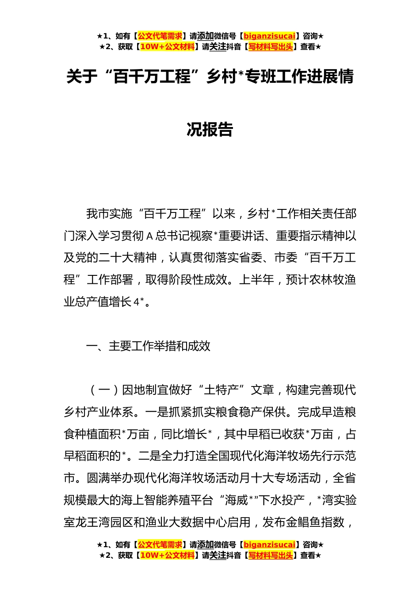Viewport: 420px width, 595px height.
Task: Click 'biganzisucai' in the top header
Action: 269,36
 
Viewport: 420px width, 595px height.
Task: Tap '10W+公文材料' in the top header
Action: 167,46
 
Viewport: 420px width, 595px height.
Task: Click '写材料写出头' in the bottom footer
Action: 271,555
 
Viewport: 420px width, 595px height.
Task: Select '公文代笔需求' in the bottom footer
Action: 160,545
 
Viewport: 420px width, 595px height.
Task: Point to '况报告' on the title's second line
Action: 210,129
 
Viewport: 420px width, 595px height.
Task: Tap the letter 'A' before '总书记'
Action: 149,236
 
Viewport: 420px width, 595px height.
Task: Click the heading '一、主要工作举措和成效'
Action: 148,346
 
